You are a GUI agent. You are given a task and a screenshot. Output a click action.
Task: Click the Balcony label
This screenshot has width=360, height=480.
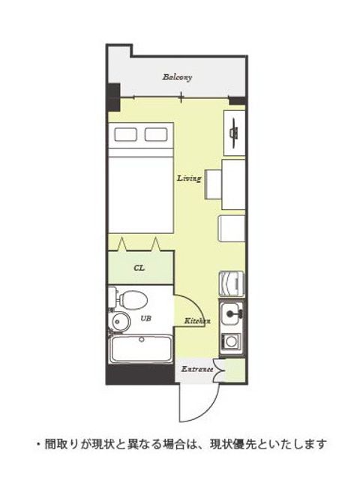pyautogui.click(x=177, y=76)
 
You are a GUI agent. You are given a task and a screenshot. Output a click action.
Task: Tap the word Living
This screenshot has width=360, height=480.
pyautogui.click(x=189, y=178)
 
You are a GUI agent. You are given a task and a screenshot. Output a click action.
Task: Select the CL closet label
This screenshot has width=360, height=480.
pyautogui.click(x=139, y=268)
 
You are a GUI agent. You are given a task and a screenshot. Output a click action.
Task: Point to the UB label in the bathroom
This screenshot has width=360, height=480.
pyautogui.click(x=146, y=318)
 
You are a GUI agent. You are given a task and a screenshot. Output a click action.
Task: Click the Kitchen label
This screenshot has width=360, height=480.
pyautogui.click(x=197, y=321)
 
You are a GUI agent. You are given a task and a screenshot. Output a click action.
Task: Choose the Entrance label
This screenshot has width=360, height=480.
pyautogui.click(x=197, y=369)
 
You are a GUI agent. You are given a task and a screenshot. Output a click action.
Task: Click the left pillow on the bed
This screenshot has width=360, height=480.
pyautogui.click(x=125, y=134)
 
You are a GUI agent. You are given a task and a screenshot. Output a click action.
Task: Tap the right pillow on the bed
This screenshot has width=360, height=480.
pyautogui.click(x=156, y=134)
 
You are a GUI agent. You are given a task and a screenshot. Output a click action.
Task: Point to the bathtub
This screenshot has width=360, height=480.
pyautogui.click(x=141, y=349)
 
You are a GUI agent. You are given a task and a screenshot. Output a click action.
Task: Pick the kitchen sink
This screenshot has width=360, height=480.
pyautogui.click(x=232, y=313)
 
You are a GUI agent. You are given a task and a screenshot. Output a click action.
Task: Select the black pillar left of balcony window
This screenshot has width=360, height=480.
pyautogui.click(x=113, y=97)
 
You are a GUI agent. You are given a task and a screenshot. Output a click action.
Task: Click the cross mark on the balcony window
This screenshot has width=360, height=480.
pyautogui.click(x=181, y=97)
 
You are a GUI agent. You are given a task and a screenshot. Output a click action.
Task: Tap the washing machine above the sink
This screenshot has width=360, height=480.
pyautogui.click(x=232, y=284)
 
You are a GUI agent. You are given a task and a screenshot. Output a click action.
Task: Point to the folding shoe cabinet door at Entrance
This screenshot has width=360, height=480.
pyautogui.click(x=220, y=370)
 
